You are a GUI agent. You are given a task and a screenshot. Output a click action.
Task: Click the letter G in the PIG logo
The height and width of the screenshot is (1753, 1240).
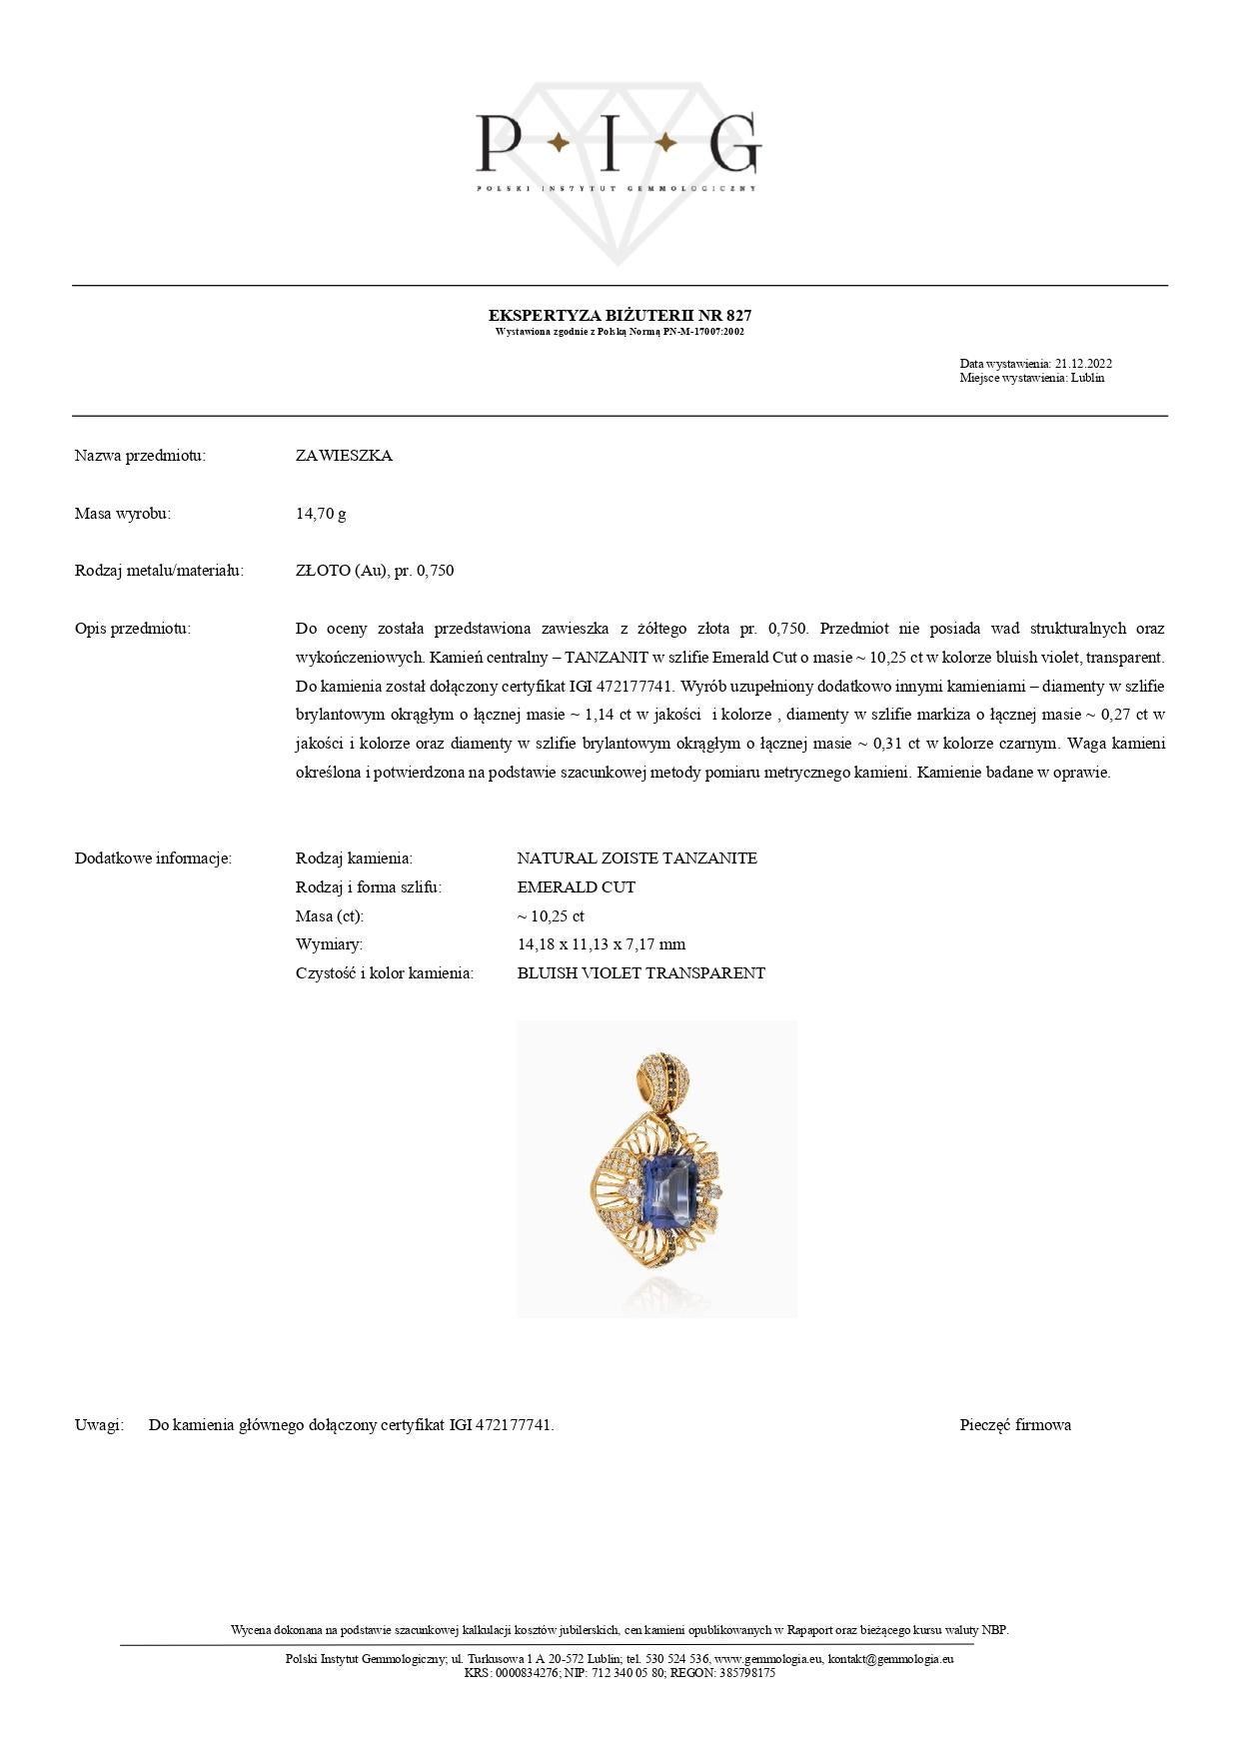[x=732, y=144]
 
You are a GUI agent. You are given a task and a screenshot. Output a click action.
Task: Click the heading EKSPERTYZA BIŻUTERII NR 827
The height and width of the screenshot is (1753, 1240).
[x=620, y=315]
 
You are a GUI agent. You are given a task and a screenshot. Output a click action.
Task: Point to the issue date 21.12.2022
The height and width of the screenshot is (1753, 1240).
[x=1083, y=364]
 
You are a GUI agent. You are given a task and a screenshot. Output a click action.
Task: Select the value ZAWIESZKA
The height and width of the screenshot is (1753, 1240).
[x=344, y=456]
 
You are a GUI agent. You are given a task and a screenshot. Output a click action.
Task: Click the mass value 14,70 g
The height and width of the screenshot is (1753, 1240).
[x=321, y=514]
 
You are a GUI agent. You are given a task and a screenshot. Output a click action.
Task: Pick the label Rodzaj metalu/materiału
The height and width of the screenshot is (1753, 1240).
[x=159, y=571]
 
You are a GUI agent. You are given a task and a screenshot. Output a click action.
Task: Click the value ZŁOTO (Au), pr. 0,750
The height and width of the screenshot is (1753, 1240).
[x=375, y=571]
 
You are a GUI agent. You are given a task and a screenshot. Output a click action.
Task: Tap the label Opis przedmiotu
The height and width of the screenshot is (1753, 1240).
[x=132, y=629]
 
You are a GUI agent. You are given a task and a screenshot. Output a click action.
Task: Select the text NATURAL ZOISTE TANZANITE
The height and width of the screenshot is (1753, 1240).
[x=636, y=859]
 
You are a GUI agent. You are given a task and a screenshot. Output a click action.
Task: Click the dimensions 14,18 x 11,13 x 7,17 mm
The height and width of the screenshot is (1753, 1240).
[x=601, y=944]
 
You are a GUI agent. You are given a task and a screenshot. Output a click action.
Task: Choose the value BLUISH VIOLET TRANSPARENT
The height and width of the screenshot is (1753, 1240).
[x=640, y=973]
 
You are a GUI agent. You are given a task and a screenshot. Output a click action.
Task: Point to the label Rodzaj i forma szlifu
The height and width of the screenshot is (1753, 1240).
[x=368, y=887]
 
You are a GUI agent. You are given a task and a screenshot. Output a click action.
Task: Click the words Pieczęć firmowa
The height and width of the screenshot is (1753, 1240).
[x=1015, y=1425]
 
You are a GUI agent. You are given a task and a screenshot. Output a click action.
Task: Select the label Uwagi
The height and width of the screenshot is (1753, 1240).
[x=99, y=1425]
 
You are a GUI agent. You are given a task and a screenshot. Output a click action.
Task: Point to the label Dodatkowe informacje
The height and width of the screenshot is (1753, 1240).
[x=153, y=859]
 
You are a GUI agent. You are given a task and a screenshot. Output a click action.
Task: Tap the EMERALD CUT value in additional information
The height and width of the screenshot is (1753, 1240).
[x=576, y=887]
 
